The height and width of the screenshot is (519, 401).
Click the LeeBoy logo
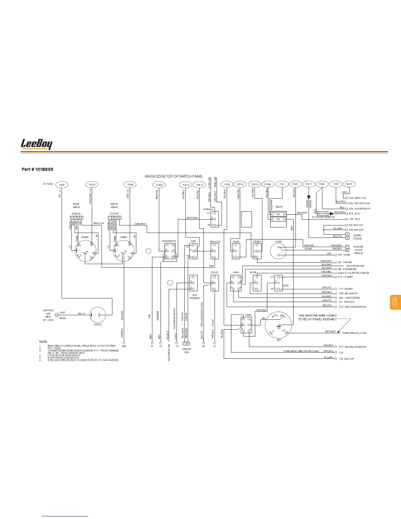[36, 144]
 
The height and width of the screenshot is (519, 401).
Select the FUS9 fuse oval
[62, 185]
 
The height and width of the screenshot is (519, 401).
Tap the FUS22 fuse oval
[159, 185]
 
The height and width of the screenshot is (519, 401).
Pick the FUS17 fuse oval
[309, 184]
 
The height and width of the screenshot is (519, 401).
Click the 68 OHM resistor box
[323, 214]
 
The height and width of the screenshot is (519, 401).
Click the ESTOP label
[279, 207]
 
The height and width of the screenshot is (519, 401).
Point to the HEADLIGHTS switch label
[169, 241]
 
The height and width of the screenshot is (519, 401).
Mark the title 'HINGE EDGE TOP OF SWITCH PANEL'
[174, 177]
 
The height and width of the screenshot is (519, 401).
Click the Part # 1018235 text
[37, 169]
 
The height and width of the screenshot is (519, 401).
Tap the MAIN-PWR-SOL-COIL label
[354, 333]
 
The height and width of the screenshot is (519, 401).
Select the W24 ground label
[63, 318]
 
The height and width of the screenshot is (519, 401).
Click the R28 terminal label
[124, 346]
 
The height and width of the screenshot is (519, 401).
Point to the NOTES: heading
[43, 341]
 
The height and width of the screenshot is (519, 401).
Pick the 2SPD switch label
[286, 286]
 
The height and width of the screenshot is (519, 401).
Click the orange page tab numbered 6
[395, 302]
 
